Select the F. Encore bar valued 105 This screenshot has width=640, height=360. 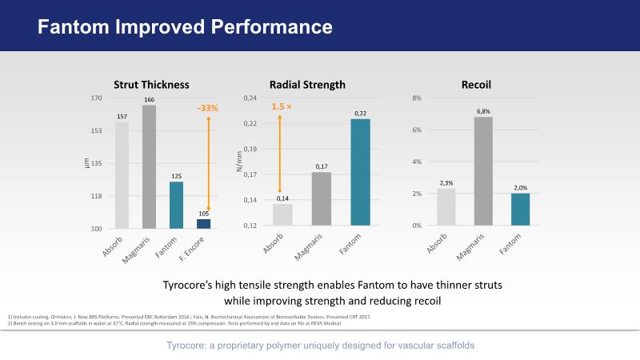click(203, 224)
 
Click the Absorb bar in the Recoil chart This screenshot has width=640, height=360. click(446, 207)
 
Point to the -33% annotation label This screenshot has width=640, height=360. click(208, 108)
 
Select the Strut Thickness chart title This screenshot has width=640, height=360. click(150, 84)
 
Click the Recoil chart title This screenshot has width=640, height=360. click(476, 84)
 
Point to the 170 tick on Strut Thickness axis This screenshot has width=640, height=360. click(96, 98)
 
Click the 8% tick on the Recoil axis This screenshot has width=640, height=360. click(416, 98)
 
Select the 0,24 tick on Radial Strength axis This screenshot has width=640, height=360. click(250, 98)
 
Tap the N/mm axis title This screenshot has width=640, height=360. click(238, 163)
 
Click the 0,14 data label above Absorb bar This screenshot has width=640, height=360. click(282, 198)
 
